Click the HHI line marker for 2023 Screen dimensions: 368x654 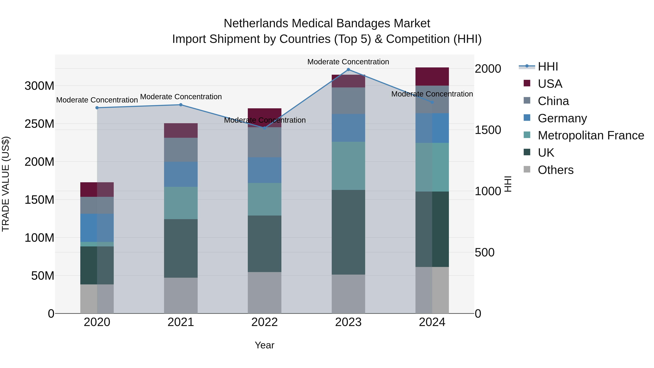[348, 69]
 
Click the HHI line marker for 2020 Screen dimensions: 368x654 [97, 108]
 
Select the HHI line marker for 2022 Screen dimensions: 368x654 [265, 128]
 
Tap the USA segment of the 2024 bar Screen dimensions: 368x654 [432, 77]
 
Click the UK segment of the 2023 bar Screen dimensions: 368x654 [348, 232]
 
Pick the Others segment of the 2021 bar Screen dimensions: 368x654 [181, 295]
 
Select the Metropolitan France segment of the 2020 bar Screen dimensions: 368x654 [97, 244]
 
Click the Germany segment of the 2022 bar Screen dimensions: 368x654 [265, 170]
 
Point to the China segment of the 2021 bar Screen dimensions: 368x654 [181, 150]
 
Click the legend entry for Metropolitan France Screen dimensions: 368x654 [591, 135]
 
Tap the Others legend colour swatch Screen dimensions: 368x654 [527, 169]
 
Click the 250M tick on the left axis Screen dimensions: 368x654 [39, 124]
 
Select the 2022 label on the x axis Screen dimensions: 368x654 [265, 322]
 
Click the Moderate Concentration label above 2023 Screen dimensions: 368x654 [348, 62]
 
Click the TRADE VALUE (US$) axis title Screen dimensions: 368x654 [6, 184]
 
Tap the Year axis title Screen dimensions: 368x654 [265, 345]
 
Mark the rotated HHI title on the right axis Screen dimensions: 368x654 [508, 184]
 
